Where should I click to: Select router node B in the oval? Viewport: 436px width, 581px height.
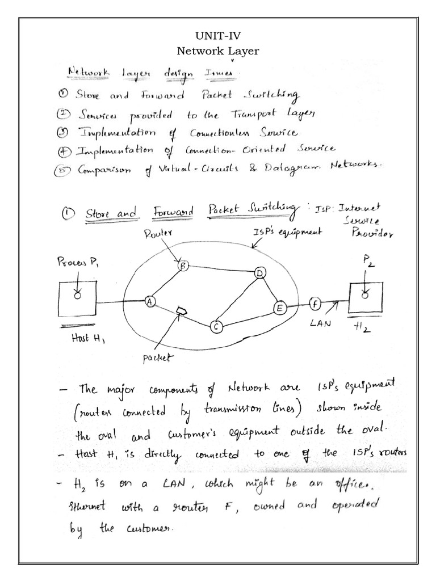[x=183, y=265]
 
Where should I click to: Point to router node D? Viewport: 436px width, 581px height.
[x=260, y=273]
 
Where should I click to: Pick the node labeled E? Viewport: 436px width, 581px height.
[x=279, y=308]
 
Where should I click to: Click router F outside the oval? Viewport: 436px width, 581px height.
[x=315, y=304]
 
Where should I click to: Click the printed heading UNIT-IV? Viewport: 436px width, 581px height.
[x=218, y=37]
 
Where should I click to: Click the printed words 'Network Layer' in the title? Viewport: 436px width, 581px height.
[x=218, y=52]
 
